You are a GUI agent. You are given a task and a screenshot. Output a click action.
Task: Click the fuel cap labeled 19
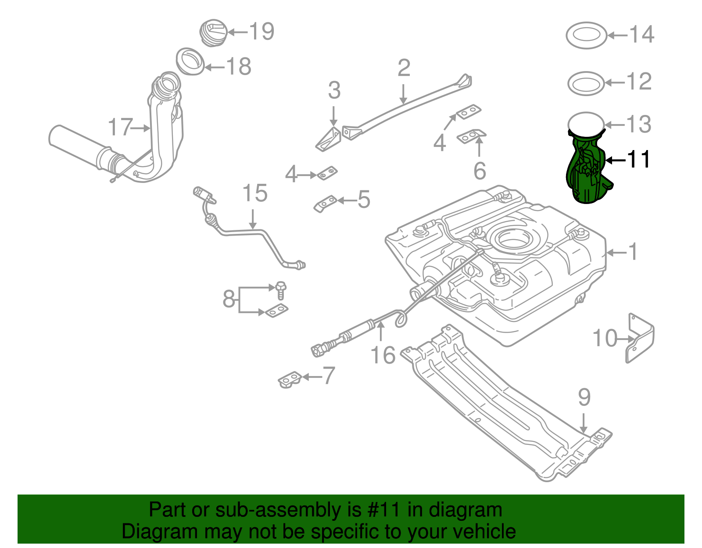click(213, 32)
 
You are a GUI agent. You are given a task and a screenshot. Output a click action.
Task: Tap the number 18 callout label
click(239, 67)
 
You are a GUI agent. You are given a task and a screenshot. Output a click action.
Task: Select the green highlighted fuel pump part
click(587, 169)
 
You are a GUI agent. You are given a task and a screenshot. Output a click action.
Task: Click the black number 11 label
click(639, 160)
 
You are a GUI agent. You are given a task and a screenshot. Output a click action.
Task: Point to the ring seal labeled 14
click(586, 36)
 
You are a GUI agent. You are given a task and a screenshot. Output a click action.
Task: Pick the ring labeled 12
click(586, 83)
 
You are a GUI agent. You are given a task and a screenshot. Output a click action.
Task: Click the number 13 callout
click(638, 124)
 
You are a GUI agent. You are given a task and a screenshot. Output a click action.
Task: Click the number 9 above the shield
click(584, 397)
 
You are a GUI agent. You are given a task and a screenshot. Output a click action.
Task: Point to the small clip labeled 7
click(290, 380)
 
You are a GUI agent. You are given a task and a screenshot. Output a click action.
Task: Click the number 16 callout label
click(383, 355)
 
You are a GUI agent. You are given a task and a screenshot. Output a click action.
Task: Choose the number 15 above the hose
click(255, 193)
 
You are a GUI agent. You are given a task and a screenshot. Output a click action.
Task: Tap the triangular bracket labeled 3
click(329, 139)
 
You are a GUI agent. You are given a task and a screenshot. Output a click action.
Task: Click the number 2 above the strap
click(404, 68)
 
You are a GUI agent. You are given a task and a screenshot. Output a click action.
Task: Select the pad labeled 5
click(325, 204)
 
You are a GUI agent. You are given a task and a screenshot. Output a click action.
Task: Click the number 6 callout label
click(480, 171)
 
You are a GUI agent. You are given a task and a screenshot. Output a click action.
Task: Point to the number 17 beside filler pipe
click(120, 127)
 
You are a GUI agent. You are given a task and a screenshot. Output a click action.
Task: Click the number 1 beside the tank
click(632, 252)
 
